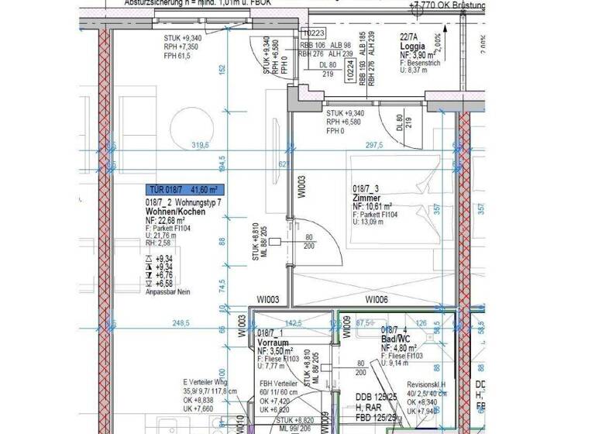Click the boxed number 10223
click(313, 33)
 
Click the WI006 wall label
click(377, 299)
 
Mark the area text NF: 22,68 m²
click(172, 220)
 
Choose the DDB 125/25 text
click(377, 398)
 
